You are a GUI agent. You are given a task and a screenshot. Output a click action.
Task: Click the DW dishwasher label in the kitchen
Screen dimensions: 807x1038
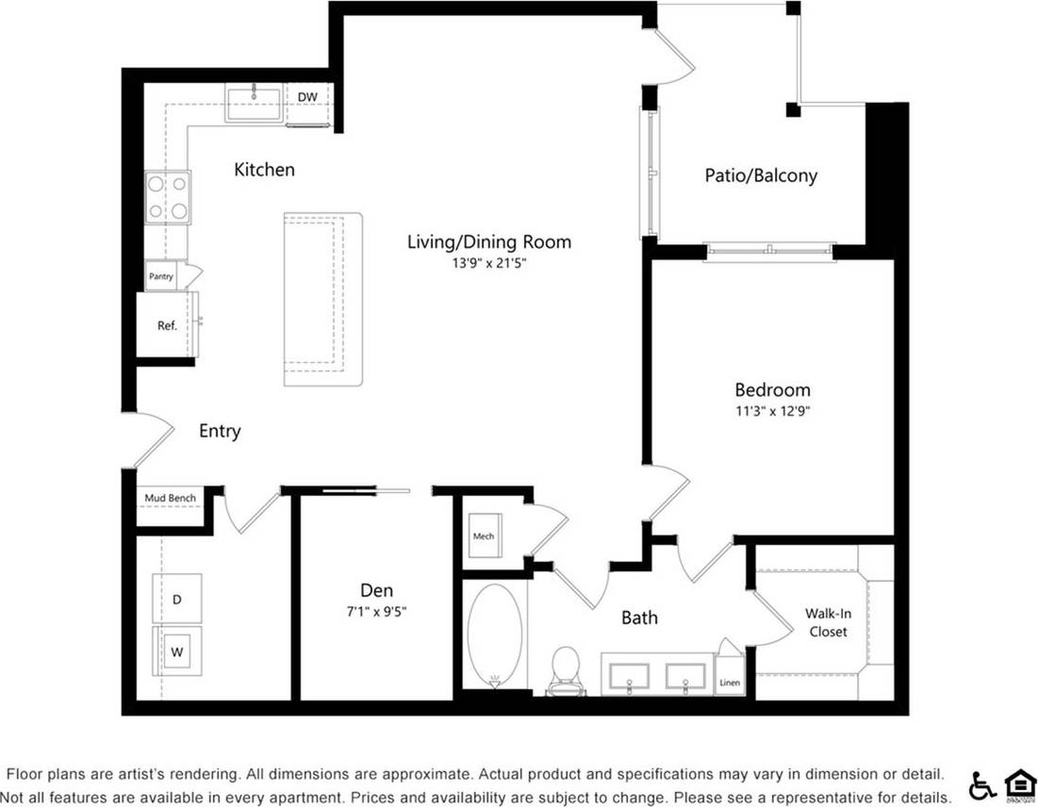click(x=307, y=97)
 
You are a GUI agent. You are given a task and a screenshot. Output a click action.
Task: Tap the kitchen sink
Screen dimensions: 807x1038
click(x=253, y=104)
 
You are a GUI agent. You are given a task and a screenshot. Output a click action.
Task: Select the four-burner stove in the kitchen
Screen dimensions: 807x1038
click(x=168, y=197)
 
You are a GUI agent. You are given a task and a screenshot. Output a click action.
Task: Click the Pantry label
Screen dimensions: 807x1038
click(x=160, y=276)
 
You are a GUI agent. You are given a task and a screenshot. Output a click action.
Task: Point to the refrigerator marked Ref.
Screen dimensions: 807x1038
click(x=167, y=325)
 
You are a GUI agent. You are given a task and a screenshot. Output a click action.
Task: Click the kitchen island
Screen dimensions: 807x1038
click(x=323, y=298)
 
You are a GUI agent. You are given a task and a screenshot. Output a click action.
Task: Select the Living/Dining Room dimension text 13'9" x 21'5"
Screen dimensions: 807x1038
click(x=488, y=264)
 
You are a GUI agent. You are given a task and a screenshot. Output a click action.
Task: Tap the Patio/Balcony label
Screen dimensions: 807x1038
click(x=761, y=175)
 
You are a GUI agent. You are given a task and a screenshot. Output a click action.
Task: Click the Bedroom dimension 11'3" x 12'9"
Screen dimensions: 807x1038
click(x=772, y=411)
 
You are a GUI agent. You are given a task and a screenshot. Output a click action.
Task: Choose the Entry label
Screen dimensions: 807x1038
click(x=220, y=431)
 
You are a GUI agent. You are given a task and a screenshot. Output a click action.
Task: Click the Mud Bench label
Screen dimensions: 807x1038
click(x=170, y=498)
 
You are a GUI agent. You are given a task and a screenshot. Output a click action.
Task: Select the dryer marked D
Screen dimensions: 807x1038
click(x=176, y=598)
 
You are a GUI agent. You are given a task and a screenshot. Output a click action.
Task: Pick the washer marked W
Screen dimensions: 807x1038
click(x=176, y=651)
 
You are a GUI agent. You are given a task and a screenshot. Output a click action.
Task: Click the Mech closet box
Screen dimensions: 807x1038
click(x=484, y=536)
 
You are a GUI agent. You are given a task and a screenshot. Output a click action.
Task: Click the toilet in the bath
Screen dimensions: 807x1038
click(x=567, y=669)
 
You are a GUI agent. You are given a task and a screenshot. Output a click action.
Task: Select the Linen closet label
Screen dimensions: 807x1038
click(x=730, y=683)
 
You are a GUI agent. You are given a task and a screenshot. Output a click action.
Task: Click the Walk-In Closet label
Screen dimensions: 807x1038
click(x=826, y=622)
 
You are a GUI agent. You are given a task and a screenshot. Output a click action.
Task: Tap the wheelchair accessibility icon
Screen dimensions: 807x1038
click(x=981, y=784)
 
